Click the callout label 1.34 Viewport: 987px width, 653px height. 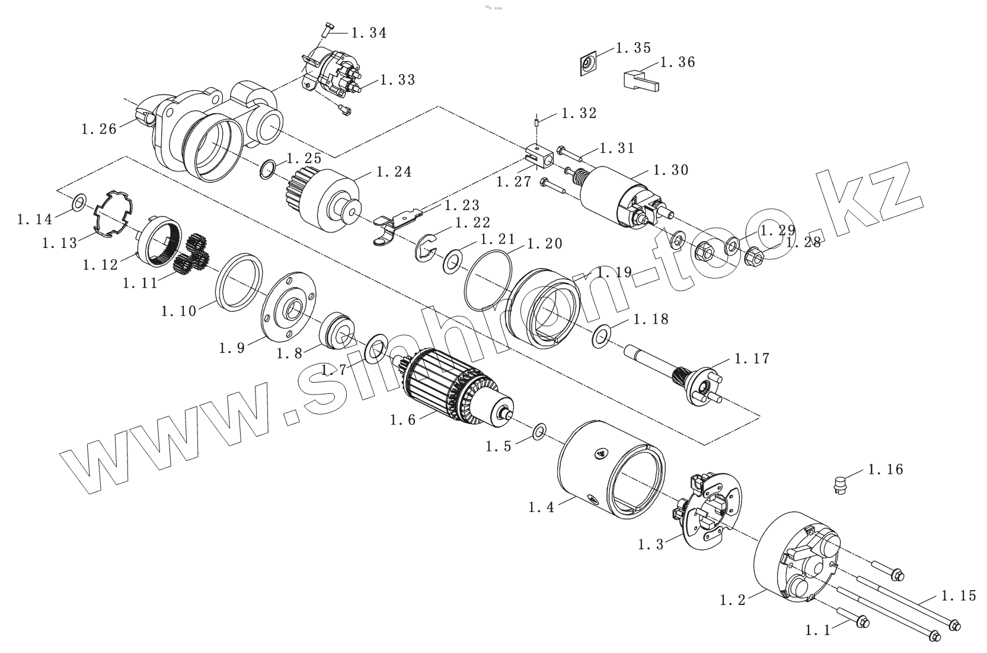pos(369,33)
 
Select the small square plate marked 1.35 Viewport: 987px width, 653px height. pos(587,63)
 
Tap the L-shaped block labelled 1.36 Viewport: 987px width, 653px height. pos(640,79)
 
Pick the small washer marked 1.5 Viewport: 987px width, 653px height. pos(539,431)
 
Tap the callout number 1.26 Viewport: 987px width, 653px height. pos(99,128)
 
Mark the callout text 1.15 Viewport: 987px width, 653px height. pos(959,595)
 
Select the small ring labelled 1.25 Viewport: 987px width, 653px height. pos(268,168)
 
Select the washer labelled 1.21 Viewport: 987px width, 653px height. pos(453,260)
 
